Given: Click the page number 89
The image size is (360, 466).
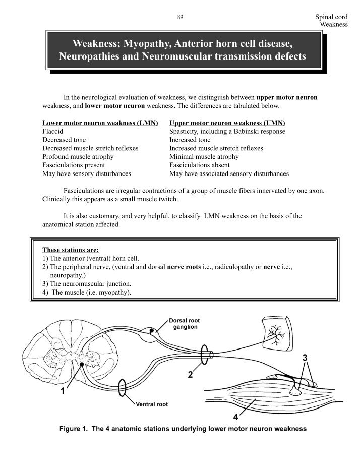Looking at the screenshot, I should click(x=180, y=17).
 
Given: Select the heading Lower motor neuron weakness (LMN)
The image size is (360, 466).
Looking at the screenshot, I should click(x=100, y=123).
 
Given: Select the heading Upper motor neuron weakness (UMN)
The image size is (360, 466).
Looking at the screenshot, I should click(x=227, y=123).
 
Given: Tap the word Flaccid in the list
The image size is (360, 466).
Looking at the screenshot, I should click(x=53, y=131).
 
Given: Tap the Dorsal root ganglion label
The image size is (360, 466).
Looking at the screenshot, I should click(x=184, y=323).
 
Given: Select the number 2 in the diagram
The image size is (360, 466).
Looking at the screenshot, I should click(x=190, y=375).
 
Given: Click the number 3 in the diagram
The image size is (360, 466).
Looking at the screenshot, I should click(x=305, y=357).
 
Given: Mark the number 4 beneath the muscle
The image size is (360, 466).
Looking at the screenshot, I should click(x=235, y=417).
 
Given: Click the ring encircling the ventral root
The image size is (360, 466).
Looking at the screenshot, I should click(x=121, y=389).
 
